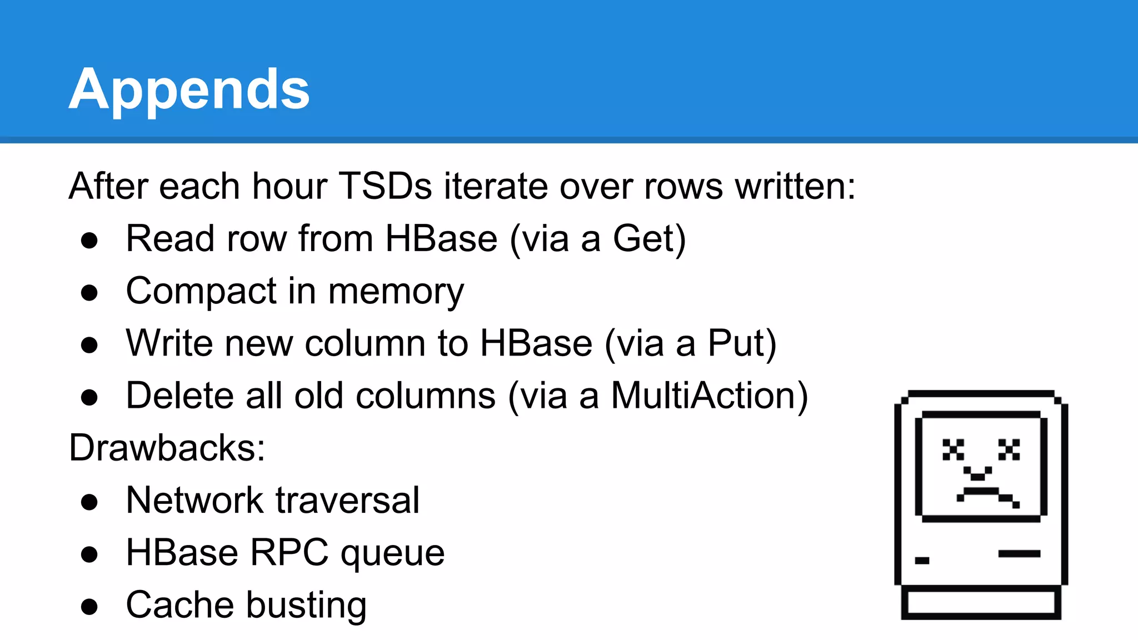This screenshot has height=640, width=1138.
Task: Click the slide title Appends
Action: point(189,89)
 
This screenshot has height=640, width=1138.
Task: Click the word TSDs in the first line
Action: point(385,186)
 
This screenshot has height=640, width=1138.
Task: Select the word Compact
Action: point(201,291)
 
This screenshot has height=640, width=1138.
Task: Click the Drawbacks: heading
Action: point(167,448)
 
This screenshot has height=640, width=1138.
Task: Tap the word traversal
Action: point(347,500)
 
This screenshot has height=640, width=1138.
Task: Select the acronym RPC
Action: point(289,553)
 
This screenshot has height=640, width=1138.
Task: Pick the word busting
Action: point(306,605)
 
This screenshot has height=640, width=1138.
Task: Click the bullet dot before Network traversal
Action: point(89,502)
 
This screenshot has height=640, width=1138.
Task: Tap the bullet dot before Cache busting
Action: point(89,607)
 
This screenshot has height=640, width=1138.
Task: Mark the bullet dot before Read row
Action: point(89,241)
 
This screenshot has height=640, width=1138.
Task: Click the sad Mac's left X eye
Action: point(954,449)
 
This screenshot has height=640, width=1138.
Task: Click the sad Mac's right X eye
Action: point(1009,449)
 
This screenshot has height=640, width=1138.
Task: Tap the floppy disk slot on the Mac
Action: point(1019,553)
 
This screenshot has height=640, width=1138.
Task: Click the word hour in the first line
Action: point(289,186)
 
